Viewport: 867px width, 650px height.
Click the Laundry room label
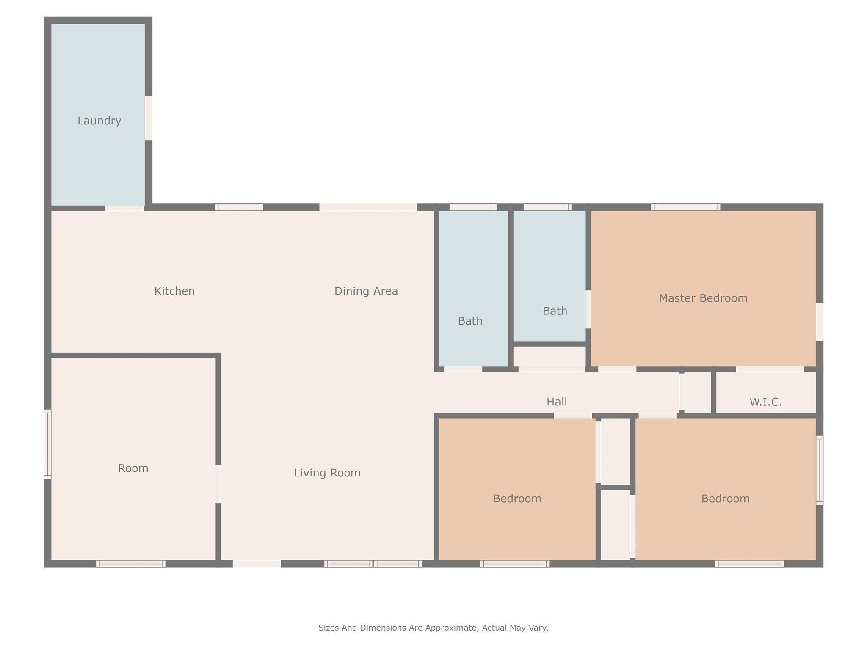click(x=99, y=121)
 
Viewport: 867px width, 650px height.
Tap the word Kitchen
click(x=174, y=291)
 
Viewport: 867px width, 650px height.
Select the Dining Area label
click(x=366, y=291)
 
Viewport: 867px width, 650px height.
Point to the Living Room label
click(x=327, y=473)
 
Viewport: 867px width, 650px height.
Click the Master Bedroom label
click(x=703, y=298)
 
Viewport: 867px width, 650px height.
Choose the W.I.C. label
click(x=766, y=402)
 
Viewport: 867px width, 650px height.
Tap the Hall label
click(x=557, y=402)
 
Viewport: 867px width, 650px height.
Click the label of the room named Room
click(x=133, y=468)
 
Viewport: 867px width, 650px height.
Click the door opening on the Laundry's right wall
click(x=149, y=118)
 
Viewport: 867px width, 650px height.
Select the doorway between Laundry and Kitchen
click(x=124, y=207)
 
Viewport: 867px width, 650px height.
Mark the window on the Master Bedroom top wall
click(x=685, y=207)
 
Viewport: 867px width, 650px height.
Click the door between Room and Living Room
click(x=218, y=484)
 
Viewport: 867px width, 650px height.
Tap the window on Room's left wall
click(x=47, y=444)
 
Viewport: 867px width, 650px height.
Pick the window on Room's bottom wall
click(x=130, y=564)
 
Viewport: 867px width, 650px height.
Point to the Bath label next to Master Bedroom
click(x=555, y=311)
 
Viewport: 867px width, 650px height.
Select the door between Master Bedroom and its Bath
click(x=588, y=309)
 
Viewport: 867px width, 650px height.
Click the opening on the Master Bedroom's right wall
click(x=820, y=321)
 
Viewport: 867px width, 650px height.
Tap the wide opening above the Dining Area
click(x=368, y=207)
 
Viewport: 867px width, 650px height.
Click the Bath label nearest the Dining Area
click(x=470, y=321)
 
